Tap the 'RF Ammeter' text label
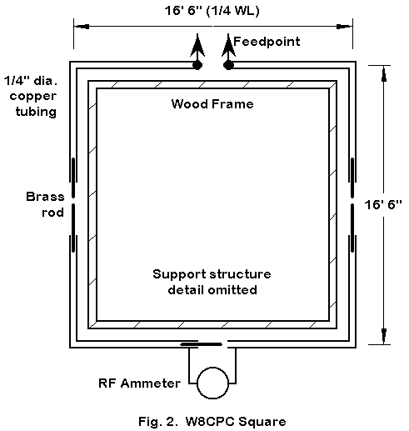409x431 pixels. pyautogui.click(x=139, y=383)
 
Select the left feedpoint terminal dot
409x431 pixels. pyautogui.click(x=197, y=65)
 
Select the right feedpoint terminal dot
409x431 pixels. pyautogui.click(x=228, y=65)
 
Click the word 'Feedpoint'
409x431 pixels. pyautogui.click(x=267, y=42)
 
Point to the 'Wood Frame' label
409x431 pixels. pyautogui.click(x=212, y=104)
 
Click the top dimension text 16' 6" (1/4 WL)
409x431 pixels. pyautogui.click(x=212, y=11)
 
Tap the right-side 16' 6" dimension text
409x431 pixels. pyautogui.click(x=383, y=205)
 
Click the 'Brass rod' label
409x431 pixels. pyautogui.click(x=45, y=204)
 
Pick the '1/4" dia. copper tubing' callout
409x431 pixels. pyautogui.click(x=31, y=96)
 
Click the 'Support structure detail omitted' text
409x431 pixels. pyautogui.click(x=212, y=282)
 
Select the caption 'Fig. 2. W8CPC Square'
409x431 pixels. pyautogui.click(x=212, y=422)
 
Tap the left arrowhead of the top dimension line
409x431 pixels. pyautogui.click(x=82, y=27)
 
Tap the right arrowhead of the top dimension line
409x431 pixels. pyautogui.click(x=345, y=27)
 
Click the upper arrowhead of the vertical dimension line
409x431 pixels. pyautogui.click(x=384, y=74)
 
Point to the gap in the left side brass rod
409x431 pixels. pyautogui.click(x=73, y=201)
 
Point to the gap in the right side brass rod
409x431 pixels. pyautogui.click(x=352, y=201)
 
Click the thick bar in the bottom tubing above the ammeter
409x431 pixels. pyautogui.click(x=201, y=344)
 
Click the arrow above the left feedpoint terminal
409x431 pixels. pyautogui.click(x=197, y=48)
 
